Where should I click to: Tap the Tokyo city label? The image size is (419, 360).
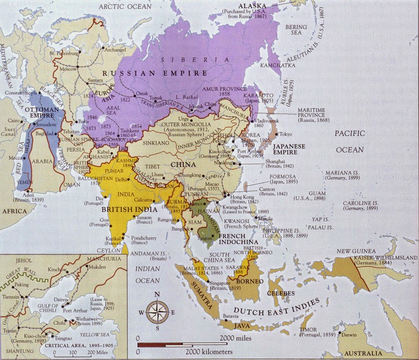286,134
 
